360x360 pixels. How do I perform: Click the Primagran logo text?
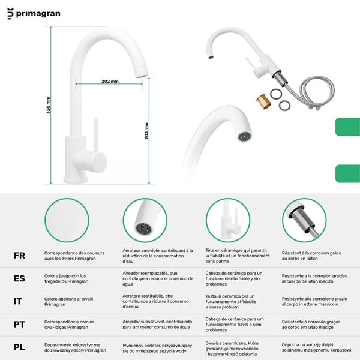tap(38, 14)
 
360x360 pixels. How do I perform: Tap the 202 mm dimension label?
tap(110, 81)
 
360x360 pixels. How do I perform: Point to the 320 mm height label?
tap(48, 105)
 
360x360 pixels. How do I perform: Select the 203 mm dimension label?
tap(146, 131)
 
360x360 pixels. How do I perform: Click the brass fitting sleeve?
tap(263, 101)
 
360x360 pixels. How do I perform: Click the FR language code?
tap(19, 256)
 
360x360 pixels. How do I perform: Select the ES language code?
tap(19, 278)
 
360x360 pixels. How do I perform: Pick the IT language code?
tap(17, 301)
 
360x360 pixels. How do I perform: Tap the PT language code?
tap(19, 325)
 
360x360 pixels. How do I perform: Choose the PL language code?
tap(19, 347)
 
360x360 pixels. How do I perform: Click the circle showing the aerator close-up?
tap(145, 220)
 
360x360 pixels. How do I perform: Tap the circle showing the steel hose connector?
tap(304, 220)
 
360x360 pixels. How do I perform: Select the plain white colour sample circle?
tap(67, 220)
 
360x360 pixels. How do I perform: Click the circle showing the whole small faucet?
tap(228, 220)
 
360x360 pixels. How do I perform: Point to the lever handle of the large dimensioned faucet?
tap(96, 136)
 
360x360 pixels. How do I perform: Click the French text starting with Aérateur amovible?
tap(158, 256)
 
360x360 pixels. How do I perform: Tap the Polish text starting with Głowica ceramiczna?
tap(232, 349)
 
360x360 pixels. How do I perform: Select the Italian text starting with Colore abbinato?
tap(68, 301)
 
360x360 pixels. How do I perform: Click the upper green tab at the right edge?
tap(347, 127)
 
